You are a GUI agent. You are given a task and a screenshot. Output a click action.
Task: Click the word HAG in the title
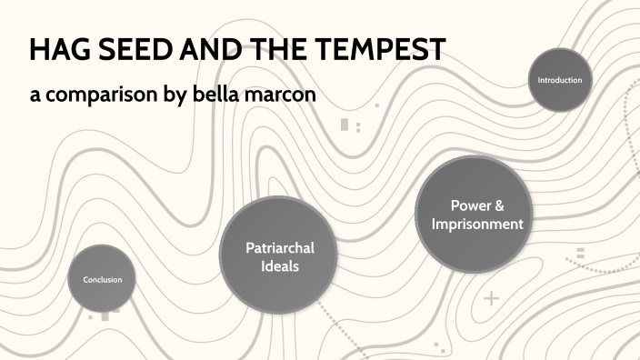(x=56, y=50)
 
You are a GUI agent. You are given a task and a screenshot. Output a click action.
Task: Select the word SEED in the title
(x=129, y=50)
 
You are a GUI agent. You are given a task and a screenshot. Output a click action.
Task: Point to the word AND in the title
(x=205, y=50)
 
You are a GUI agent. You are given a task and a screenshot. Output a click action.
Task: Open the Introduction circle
(x=560, y=80)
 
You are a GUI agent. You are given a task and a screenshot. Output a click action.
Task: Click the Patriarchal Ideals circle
(x=273, y=255)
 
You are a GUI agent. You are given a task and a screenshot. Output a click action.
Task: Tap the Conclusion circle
(x=103, y=279)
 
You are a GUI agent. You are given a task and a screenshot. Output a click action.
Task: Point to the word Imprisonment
(x=477, y=224)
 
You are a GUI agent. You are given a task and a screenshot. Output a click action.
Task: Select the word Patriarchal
(x=273, y=247)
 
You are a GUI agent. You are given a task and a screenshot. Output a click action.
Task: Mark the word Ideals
(x=273, y=265)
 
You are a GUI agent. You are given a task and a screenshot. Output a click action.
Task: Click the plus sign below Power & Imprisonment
(x=492, y=298)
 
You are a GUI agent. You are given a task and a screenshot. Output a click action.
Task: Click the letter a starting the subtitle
(x=35, y=95)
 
